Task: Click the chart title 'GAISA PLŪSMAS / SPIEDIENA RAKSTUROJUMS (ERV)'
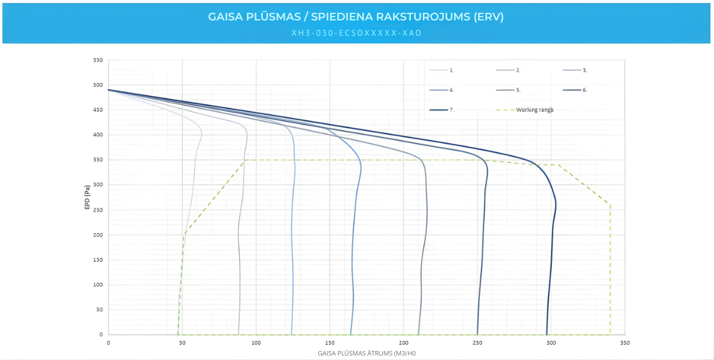(356, 17)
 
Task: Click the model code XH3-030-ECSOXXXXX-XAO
(356, 33)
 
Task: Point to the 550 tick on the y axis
(98, 60)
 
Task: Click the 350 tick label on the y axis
(98, 160)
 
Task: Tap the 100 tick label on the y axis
(98, 285)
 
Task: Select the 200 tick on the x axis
(404, 343)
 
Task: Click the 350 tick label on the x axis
(625, 343)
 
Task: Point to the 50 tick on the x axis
(182, 343)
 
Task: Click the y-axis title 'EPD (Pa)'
(87, 197)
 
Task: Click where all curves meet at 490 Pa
(108, 90)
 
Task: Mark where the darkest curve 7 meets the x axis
(546, 334)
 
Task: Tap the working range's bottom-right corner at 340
(610, 334)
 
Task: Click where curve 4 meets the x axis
(351, 334)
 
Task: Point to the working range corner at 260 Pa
(610, 205)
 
